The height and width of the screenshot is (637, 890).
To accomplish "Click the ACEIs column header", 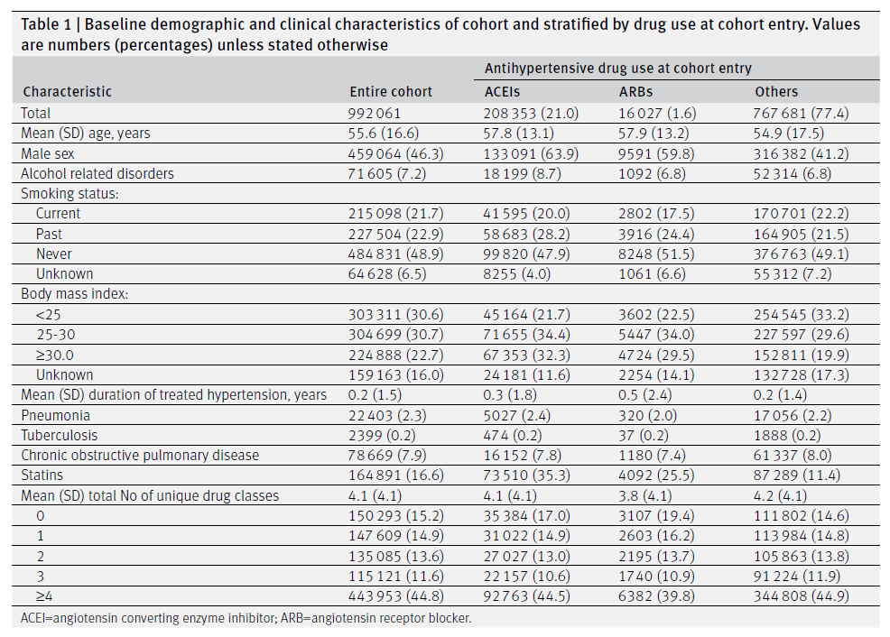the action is tap(502, 92).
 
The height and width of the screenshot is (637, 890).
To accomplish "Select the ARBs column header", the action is tap(635, 92).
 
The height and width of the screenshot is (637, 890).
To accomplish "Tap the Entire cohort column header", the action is tap(391, 92).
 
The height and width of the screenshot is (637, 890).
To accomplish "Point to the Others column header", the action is tap(776, 92).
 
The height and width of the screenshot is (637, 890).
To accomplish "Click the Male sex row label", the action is tap(48, 153).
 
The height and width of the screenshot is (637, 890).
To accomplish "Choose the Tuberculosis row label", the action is tap(59, 435).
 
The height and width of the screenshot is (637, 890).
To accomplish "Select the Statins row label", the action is tap(42, 475).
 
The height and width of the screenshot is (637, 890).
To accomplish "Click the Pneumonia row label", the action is tap(56, 415).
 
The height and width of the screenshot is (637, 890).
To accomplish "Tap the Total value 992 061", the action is tap(374, 114).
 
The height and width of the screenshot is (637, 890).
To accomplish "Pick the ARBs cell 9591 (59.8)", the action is tap(656, 153).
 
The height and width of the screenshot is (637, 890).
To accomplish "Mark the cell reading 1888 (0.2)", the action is tap(787, 435).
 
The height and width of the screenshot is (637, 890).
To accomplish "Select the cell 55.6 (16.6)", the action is tap(383, 134).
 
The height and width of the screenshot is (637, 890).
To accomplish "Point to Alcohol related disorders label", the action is tap(97, 173).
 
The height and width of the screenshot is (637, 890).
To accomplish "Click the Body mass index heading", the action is tap(74, 294).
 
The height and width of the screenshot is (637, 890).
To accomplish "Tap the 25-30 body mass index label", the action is tap(56, 335).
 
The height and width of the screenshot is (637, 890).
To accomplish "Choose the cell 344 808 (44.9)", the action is tap(801, 596).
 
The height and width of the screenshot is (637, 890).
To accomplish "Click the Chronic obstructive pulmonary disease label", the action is tap(140, 455).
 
